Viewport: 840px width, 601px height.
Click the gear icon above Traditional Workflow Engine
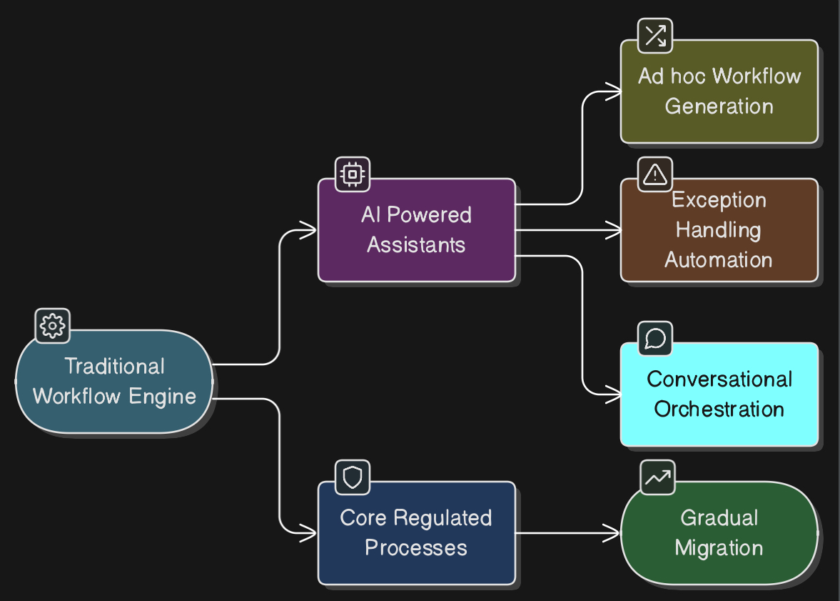point(52,326)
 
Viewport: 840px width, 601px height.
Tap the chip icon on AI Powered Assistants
point(353,174)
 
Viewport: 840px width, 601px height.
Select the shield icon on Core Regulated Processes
point(353,477)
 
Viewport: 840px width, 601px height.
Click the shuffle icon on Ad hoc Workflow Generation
point(655,36)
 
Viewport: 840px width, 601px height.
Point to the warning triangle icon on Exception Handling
point(655,174)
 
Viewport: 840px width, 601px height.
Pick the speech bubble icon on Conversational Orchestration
point(655,339)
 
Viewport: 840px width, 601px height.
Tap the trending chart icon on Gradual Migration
point(657,477)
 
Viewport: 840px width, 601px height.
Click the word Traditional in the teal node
point(114,367)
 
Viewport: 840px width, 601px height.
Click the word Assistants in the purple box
point(416,245)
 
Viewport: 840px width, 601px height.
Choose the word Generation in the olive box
point(719,106)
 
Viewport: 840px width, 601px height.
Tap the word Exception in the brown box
point(719,200)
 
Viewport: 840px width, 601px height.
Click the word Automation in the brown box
point(719,259)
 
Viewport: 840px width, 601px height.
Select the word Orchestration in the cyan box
point(719,409)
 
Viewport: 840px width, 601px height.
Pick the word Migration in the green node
point(719,548)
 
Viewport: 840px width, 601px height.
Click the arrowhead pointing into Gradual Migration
point(614,533)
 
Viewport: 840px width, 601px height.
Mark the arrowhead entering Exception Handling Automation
point(614,230)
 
